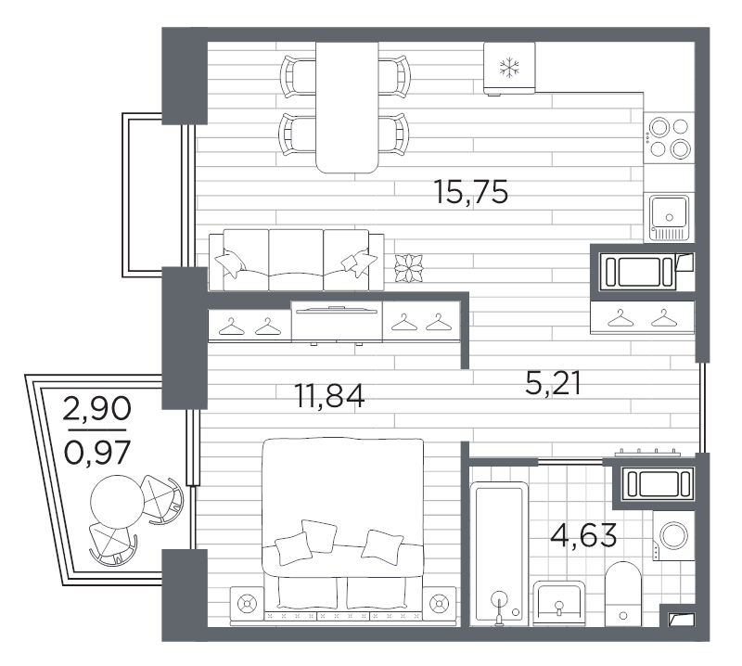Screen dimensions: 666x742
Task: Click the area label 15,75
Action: tap(471, 192)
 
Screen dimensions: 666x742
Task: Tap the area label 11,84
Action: tap(329, 397)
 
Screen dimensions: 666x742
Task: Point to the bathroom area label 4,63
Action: tap(583, 535)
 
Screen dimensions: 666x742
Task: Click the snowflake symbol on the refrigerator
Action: tap(509, 67)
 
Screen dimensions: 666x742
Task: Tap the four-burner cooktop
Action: tap(669, 136)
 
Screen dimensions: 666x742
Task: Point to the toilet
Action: tap(622, 594)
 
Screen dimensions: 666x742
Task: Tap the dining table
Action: tap(347, 107)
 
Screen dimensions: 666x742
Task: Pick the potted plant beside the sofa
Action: tap(408, 268)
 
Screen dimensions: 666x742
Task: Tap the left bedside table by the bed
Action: tap(247, 604)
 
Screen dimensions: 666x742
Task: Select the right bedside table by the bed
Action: tap(440, 604)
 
